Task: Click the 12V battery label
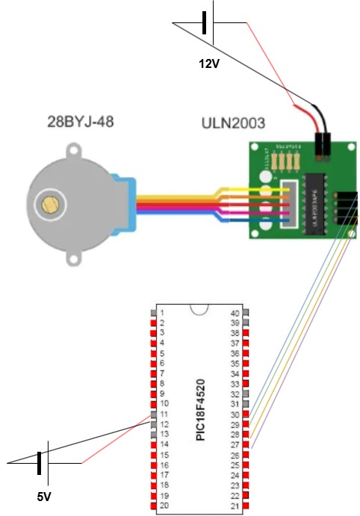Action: [208, 64]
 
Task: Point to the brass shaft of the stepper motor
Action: [51, 204]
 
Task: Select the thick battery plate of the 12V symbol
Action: [204, 25]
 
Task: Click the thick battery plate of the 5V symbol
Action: [39, 463]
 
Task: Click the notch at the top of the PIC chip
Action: [199, 310]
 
